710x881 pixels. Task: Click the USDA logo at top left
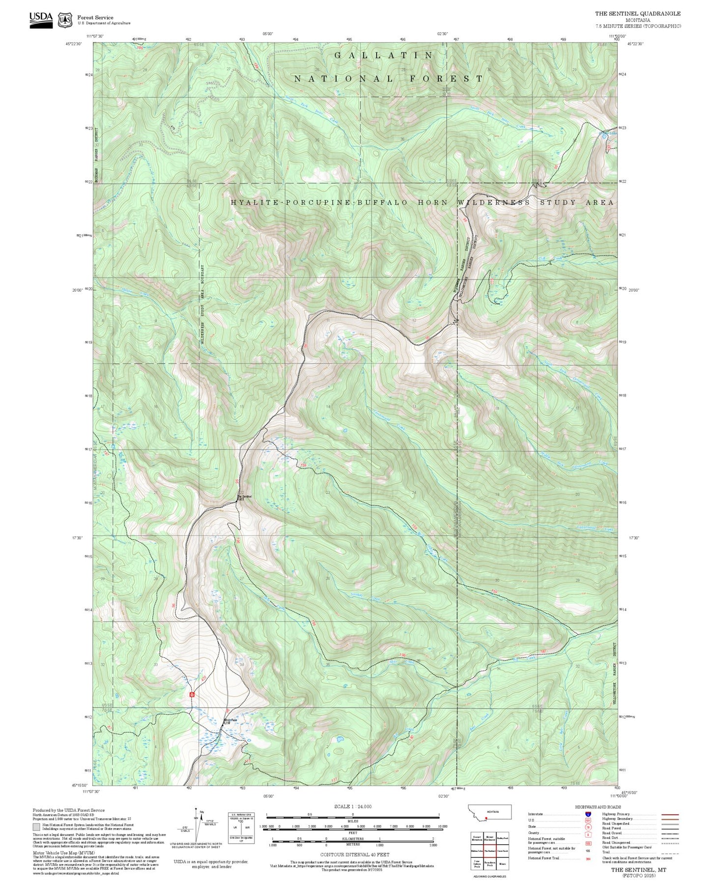(x=41, y=20)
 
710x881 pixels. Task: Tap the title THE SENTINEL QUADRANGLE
(x=638, y=14)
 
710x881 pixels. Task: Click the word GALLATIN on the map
(x=383, y=55)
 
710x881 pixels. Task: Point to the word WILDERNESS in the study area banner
(x=493, y=202)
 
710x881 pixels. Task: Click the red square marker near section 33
(x=192, y=694)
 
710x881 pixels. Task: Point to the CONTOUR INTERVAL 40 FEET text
(x=355, y=855)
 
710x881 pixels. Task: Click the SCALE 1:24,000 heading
(x=352, y=806)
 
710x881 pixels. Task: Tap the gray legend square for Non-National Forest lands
(x=36, y=826)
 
